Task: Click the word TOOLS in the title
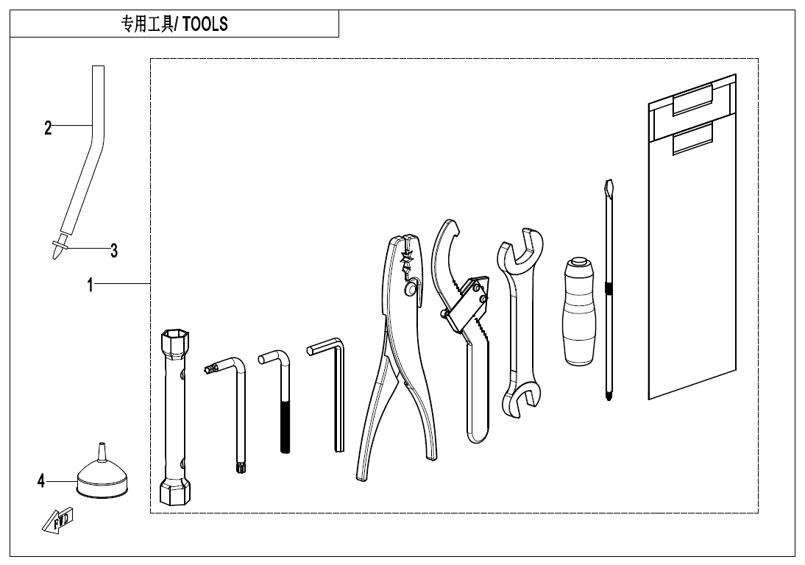[x=205, y=24]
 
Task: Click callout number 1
[x=91, y=285]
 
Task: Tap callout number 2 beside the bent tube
[x=48, y=127]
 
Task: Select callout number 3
[x=114, y=250]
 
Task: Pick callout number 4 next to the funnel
[x=41, y=481]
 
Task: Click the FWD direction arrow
[x=57, y=520]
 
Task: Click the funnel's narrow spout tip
[x=101, y=444]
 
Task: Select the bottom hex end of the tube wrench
[x=174, y=492]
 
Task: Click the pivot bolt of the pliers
[x=410, y=289]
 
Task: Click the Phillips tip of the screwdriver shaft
[x=609, y=395]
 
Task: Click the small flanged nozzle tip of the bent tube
[x=60, y=249]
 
